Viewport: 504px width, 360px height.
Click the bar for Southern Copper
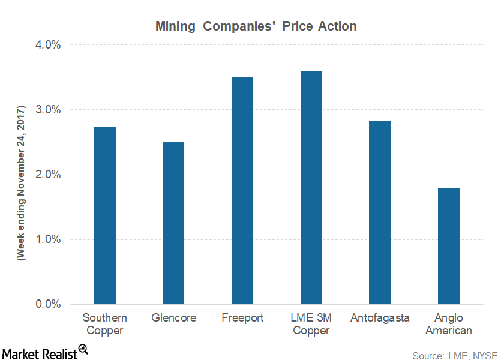105,215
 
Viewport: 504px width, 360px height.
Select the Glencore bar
173,223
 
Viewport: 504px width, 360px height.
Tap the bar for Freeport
242,191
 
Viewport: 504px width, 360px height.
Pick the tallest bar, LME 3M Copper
311,187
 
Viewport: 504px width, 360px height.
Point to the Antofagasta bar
380,212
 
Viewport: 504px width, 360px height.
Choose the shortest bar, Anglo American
449,246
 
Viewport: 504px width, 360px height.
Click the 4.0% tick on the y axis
47,45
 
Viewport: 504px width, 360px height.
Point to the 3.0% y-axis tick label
47,110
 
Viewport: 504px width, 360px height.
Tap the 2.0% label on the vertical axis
47,175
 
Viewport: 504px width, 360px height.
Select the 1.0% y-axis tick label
47,239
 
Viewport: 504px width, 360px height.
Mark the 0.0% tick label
47,304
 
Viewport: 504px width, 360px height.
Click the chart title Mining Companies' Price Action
256,26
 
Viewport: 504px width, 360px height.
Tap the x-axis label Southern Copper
105,324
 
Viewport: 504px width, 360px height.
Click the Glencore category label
173,318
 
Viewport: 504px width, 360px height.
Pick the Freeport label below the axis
242,318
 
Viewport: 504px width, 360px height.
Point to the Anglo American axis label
449,324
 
